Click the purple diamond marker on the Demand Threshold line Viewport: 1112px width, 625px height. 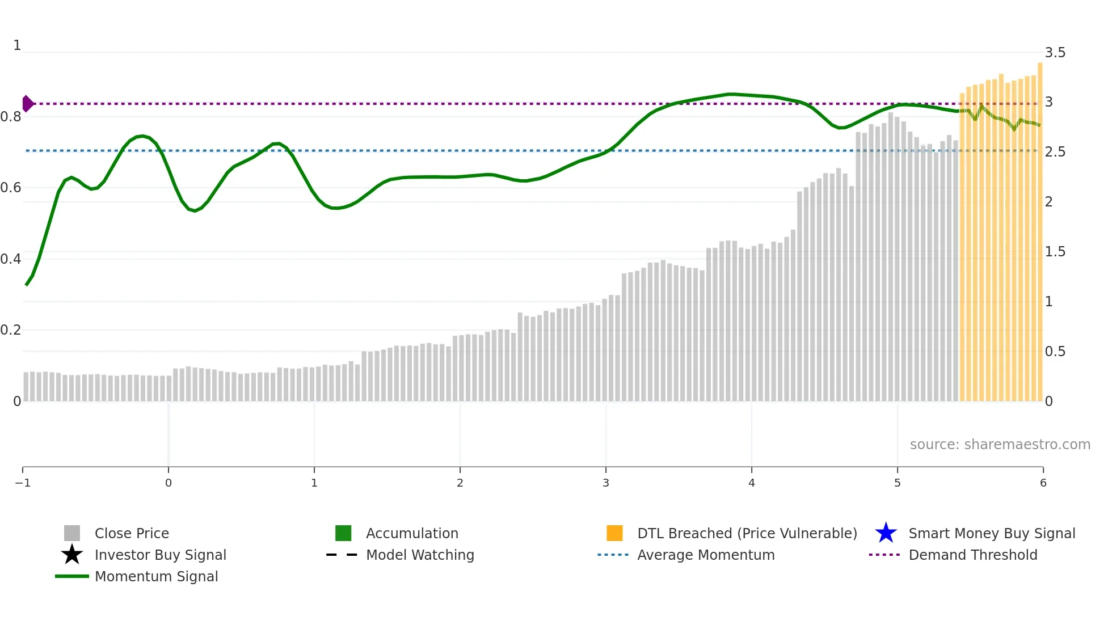27,104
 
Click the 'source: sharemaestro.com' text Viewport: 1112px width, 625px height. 1000,445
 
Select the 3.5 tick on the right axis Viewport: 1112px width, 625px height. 1055,53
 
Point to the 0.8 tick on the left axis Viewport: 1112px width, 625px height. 11,117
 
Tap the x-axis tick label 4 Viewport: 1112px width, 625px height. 751,483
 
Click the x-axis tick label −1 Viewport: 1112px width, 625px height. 23,483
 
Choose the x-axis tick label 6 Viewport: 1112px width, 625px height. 1043,483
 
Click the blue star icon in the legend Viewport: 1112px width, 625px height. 886,533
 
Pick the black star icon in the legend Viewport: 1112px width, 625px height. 72,555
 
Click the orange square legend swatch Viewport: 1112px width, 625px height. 614,533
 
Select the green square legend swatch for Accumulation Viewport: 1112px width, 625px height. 343,533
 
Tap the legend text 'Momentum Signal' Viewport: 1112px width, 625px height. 156,576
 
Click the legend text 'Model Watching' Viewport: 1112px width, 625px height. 420,555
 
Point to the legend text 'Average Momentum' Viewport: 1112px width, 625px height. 706,555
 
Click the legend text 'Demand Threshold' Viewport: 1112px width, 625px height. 972,555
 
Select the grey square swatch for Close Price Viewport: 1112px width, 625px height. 72,533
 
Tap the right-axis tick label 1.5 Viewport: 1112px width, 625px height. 1055,252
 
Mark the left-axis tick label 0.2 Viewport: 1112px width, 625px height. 11,330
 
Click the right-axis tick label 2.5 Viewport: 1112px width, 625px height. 1055,152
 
